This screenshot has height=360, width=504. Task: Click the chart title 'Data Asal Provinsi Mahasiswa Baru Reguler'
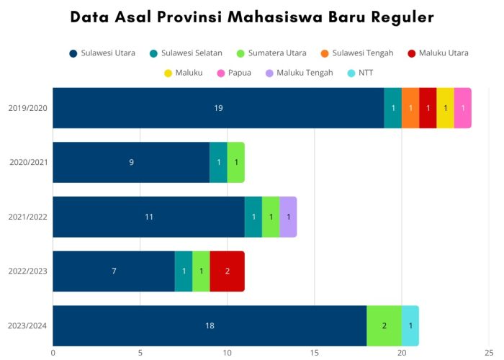[252, 17]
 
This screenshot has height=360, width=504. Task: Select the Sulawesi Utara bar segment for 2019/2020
[218, 108]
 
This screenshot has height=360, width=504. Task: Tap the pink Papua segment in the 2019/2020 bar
[463, 108]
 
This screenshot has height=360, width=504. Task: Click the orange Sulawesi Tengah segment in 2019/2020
[410, 108]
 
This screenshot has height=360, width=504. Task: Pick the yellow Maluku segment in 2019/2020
[445, 108]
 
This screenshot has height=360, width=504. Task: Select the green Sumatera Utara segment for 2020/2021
[236, 162]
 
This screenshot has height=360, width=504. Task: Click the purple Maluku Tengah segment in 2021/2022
[288, 217]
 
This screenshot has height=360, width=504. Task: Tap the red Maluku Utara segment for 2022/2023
[228, 271]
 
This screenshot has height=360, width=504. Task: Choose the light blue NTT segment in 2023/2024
[410, 325]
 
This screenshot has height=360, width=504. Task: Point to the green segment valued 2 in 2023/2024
[384, 325]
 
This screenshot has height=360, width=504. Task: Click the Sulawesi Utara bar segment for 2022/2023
[114, 271]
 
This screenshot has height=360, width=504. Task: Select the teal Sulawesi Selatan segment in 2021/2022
[253, 217]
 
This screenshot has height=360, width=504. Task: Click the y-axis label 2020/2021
[28, 162]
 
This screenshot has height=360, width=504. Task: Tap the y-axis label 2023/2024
[28, 325]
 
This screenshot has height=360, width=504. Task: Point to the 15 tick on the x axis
[315, 353]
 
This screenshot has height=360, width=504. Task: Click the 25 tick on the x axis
[489, 353]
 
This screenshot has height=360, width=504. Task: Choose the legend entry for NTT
[360, 73]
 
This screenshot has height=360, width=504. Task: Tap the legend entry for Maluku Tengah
[300, 73]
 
